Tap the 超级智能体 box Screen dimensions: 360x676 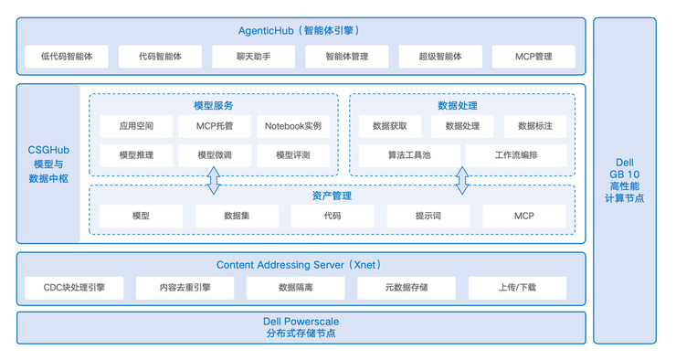tap(439, 57)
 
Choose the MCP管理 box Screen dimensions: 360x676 tap(533, 57)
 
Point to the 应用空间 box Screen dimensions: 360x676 tap(136, 126)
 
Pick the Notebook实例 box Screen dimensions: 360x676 tap(292, 126)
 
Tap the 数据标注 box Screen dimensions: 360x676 tap(534, 126)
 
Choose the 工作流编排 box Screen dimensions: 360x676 tap(515, 155)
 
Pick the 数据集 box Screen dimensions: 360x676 tap(238, 217)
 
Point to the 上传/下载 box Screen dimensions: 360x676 tap(517, 288)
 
